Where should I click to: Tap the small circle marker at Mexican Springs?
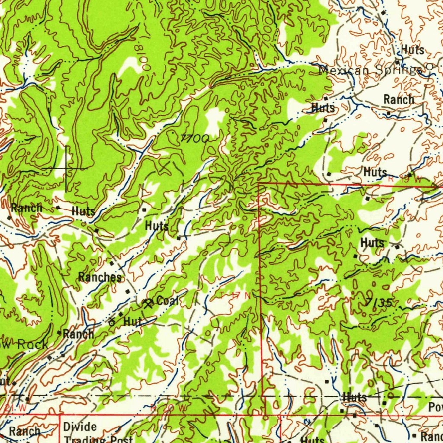pyautogui.click(x=430, y=66)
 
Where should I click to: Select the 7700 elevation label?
pyautogui.click(x=194, y=138)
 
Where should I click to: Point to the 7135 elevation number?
pyautogui.click(x=379, y=303)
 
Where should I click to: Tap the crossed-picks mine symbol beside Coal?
pyautogui.click(x=148, y=303)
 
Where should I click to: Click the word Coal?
pyautogui.click(x=167, y=301)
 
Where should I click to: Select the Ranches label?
pyautogui.click(x=100, y=277)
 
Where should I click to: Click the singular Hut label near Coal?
pyautogui.click(x=133, y=321)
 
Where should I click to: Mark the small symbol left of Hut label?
pyautogui.click(x=112, y=322)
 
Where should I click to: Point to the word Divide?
pyautogui.click(x=80, y=427)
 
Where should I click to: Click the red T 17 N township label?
pyautogui.click(x=235, y=295)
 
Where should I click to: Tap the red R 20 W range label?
pyautogui.click(x=169, y=408)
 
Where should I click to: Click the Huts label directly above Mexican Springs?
pyautogui.click(x=412, y=50)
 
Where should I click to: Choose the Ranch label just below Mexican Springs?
pyautogui.click(x=398, y=100)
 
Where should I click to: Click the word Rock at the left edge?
pyautogui.click(x=32, y=345)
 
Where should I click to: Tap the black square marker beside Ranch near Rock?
pyautogui.click(x=59, y=332)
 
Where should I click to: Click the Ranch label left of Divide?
pyautogui.click(x=24, y=431)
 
